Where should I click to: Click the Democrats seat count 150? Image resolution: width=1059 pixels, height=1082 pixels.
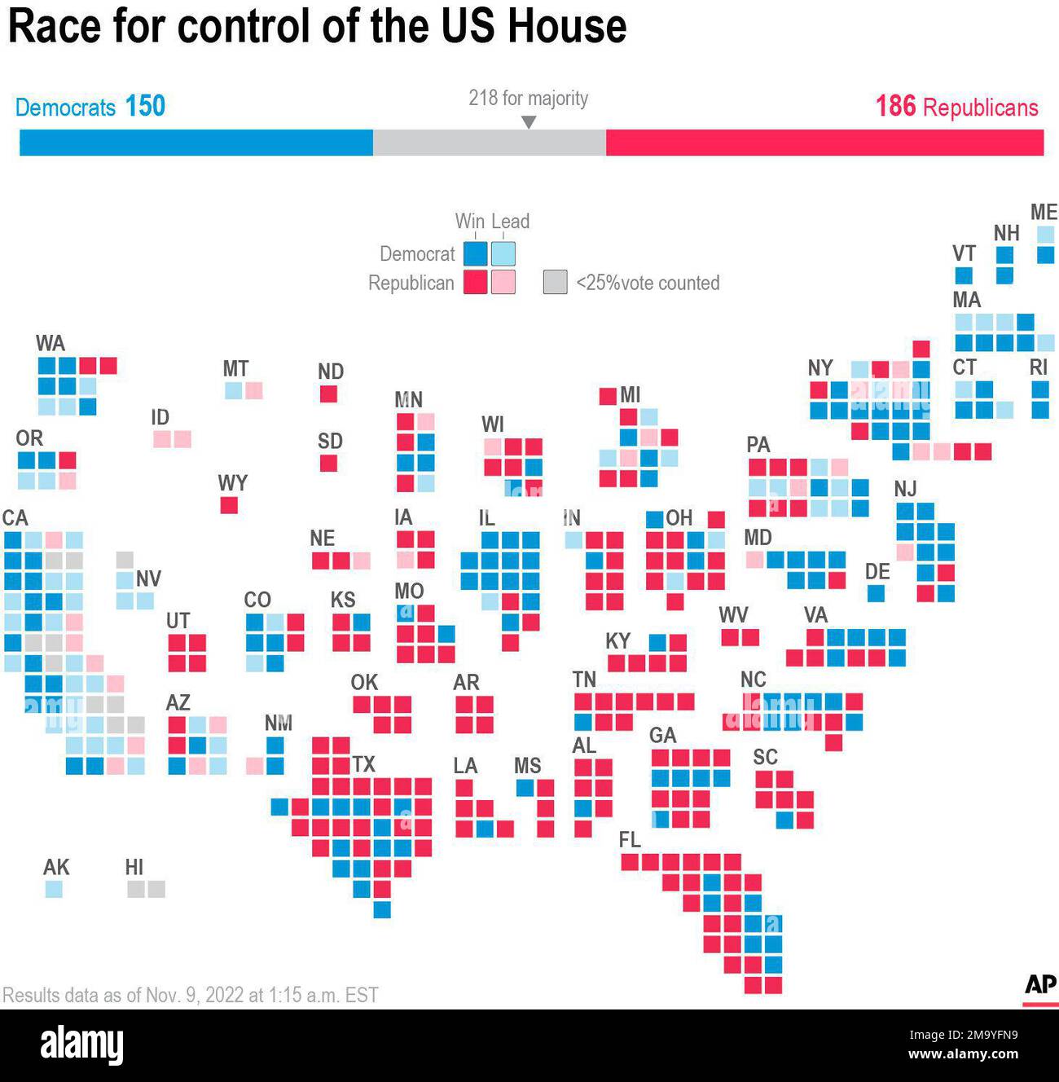pyautogui.click(x=145, y=106)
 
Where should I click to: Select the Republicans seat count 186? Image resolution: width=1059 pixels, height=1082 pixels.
pyautogui.click(x=895, y=106)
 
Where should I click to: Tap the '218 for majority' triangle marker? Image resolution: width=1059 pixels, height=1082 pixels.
pyautogui.click(x=529, y=122)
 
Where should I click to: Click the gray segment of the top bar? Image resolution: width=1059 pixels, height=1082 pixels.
pyautogui.click(x=489, y=143)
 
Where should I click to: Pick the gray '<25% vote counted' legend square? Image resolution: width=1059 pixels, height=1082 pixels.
pyautogui.click(x=555, y=282)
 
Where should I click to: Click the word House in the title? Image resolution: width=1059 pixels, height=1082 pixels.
pyautogui.click(x=567, y=26)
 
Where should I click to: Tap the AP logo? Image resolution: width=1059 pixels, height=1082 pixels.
pyautogui.click(x=1039, y=985)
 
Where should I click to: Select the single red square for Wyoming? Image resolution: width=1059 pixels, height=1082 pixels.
pyautogui.click(x=229, y=505)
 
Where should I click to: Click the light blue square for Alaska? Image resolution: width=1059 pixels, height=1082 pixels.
pyautogui.click(x=54, y=889)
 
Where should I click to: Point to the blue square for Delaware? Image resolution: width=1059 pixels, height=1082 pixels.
pyautogui.click(x=876, y=593)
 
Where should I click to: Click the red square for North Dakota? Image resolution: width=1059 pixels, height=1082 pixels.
pyautogui.click(x=328, y=394)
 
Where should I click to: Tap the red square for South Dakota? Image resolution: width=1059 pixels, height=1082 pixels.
pyautogui.click(x=328, y=463)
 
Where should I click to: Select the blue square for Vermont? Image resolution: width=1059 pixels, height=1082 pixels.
pyautogui.click(x=964, y=275)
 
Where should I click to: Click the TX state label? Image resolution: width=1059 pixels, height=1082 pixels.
pyautogui.click(x=363, y=764)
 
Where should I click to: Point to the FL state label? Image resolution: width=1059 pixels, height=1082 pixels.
pyautogui.click(x=630, y=840)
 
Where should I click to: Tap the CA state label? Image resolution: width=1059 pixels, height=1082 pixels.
pyautogui.click(x=15, y=518)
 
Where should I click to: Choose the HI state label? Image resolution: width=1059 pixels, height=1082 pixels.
pyautogui.click(x=134, y=867)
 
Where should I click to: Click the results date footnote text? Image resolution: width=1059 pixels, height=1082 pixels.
pyautogui.click(x=191, y=995)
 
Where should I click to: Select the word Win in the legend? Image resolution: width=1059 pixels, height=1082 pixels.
pyautogui.click(x=469, y=221)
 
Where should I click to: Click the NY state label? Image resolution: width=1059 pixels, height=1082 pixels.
pyautogui.click(x=820, y=368)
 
